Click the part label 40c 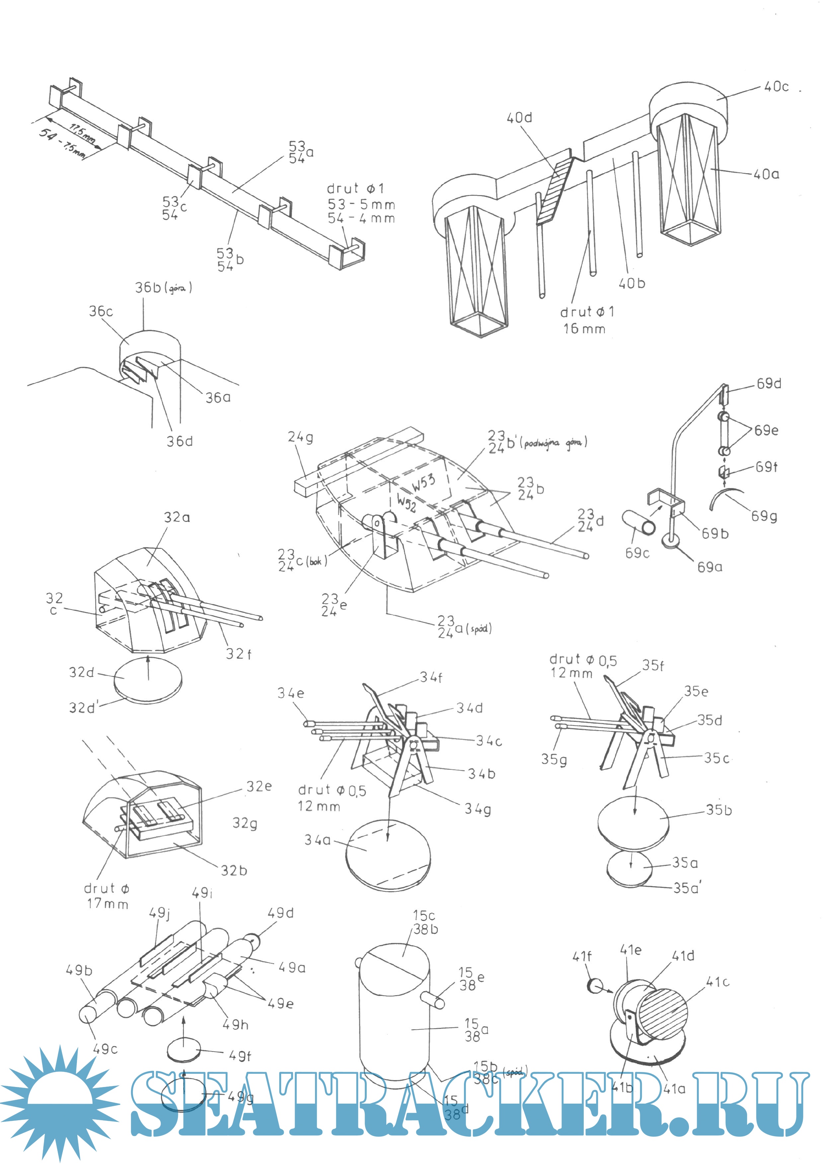click(x=776, y=87)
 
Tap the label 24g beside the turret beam click(x=300, y=437)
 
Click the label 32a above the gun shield click(x=177, y=517)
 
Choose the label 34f click(x=431, y=677)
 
